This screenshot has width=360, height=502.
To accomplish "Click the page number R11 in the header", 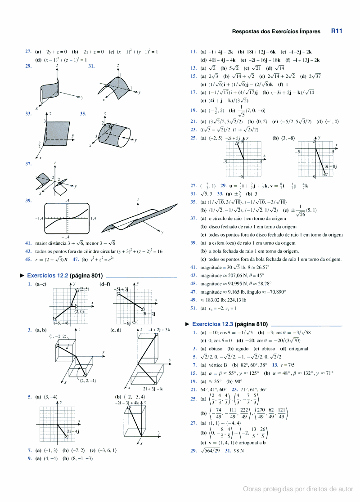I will click(337, 31).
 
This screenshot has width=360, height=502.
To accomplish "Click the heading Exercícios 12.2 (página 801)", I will click(65, 275).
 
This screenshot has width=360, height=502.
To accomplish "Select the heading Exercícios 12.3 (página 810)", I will click(230, 324).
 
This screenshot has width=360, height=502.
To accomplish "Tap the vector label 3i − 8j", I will click(331, 166).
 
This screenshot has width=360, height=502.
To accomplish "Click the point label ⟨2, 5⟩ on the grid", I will click(84, 289).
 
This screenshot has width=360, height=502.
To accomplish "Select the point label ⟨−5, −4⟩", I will click(61, 323).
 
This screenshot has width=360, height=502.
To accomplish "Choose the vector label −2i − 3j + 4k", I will click(127, 403).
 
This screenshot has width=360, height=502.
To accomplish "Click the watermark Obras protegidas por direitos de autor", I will click(298, 489).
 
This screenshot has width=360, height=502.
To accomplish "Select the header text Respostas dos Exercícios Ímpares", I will click(276, 32).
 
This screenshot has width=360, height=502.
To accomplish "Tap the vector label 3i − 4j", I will click(73, 431).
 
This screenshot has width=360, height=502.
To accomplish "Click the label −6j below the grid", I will click(127, 323).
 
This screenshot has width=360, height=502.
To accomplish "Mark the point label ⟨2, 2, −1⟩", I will click(87, 381).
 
